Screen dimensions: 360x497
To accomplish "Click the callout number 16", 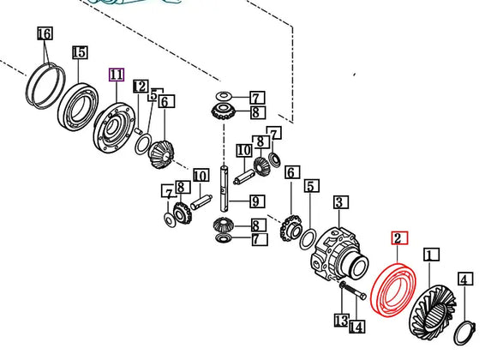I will coord(44,34).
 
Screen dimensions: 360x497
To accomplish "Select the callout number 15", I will coord(80,53).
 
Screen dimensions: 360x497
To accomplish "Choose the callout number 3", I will coord(340,202).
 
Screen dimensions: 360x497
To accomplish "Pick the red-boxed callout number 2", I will coord(400,239).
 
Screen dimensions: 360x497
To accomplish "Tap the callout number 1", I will coord(431,255).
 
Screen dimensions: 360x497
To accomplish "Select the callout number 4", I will coord(464,279).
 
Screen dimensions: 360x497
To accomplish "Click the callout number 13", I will coord(340,321).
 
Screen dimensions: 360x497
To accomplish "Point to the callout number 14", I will coord(356,327).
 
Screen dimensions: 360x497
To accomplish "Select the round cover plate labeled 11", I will coord(114,128).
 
